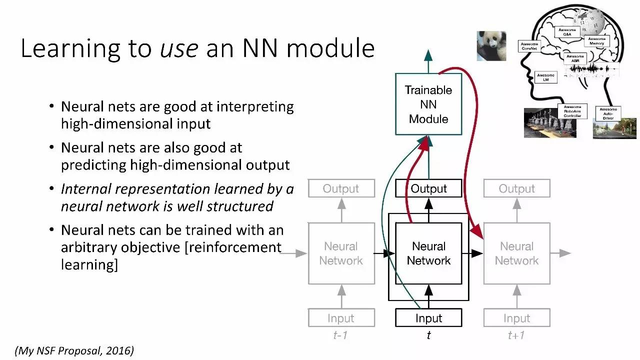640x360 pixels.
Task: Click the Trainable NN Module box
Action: coord(428,104)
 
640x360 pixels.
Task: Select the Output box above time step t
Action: coord(428,188)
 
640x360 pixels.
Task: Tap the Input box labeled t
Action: coord(428,318)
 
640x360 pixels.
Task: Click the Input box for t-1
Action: coord(341,318)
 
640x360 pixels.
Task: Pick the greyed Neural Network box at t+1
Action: coord(516,253)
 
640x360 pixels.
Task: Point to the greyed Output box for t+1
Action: coord(516,188)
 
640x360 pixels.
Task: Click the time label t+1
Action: coord(516,335)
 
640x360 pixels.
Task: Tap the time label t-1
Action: coord(340,335)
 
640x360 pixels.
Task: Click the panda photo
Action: coord(491,46)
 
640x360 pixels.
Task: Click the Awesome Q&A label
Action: coord(567,32)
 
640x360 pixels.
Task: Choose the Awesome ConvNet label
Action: coord(529,46)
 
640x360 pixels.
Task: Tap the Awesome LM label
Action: coord(545,77)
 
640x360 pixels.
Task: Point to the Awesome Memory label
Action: coord(596,41)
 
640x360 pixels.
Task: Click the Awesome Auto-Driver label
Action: coord(608,113)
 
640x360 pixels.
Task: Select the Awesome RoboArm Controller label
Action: coord(572,111)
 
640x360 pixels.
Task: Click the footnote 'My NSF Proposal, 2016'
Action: coord(74,351)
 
